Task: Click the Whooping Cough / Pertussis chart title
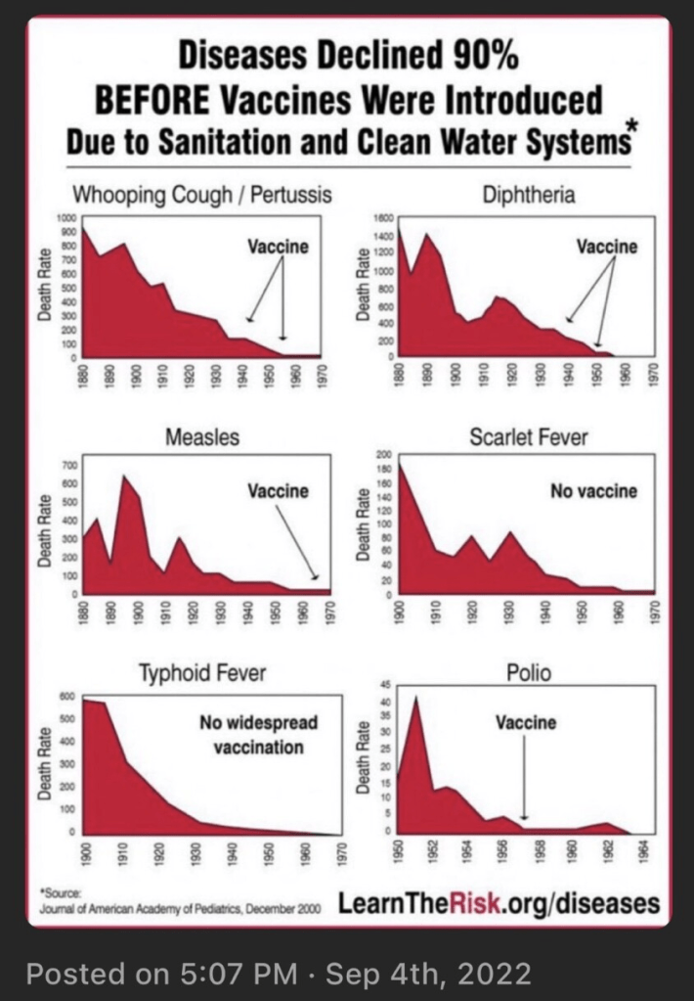(202, 195)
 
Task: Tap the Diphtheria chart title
(529, 195)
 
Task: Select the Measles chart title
(202, 436)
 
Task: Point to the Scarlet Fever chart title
(529, 436)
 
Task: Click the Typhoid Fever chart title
(202, 673)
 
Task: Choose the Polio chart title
(529, 673)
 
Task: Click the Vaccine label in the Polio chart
(525, 723)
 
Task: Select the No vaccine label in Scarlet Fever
(593, 490)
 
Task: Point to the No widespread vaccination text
(258, 735)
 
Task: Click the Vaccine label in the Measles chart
(278, 490)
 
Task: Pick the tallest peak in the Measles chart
(124, 477)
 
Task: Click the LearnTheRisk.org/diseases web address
(499, 902)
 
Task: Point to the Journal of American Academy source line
(181, 909)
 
